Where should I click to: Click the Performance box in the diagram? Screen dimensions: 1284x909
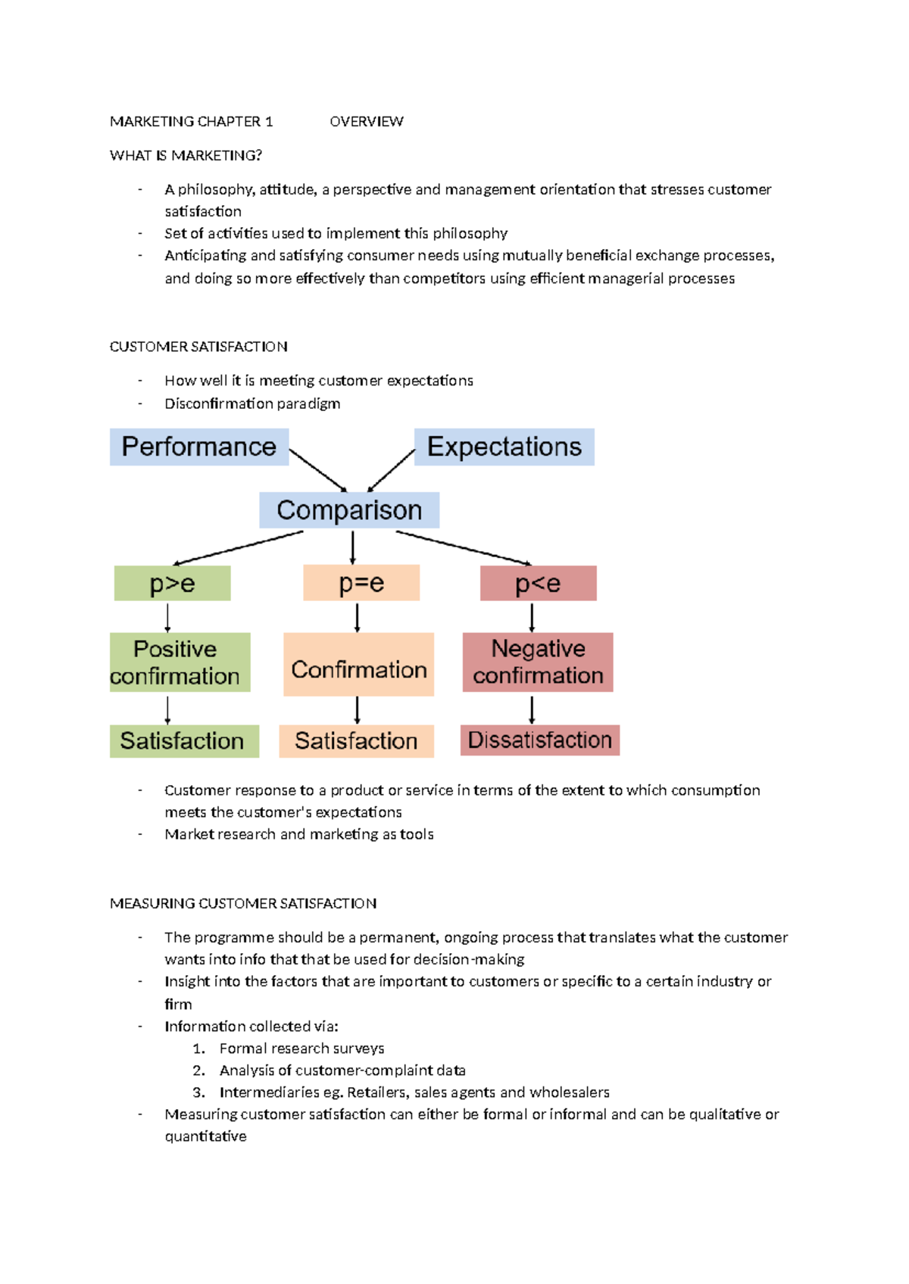tap(198, 447)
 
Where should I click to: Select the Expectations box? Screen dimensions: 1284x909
tap(504, 447)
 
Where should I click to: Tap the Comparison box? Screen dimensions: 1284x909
tap(349, 510)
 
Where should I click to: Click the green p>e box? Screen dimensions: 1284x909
tap(172, 584)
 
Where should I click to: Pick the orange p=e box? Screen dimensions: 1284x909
tap(361, 583)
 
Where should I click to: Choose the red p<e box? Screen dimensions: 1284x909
tap(538, 584)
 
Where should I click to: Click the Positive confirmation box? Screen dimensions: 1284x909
tap(180, 662)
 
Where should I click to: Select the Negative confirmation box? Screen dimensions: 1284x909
tap(538, 662)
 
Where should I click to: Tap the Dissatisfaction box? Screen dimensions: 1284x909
tap(539, 740)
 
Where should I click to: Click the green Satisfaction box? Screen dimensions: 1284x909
tap(184, 741)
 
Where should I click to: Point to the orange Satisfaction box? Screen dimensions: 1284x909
tap(356, 741)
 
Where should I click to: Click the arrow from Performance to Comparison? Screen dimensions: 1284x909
tap(318, 471)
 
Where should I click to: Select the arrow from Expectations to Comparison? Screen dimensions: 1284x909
tap(391, 471)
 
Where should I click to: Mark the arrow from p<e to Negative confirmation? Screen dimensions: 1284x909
tap(532, 617)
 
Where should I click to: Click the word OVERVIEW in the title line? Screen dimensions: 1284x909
tap(367, 122)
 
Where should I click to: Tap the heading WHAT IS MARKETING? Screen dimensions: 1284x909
tap(186, 156)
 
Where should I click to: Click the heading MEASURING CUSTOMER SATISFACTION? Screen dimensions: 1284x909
tap(243, 904)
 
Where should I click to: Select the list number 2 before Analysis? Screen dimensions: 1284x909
tap(198, 1071)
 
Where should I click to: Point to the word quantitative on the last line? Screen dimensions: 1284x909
tap(205, 1136)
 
